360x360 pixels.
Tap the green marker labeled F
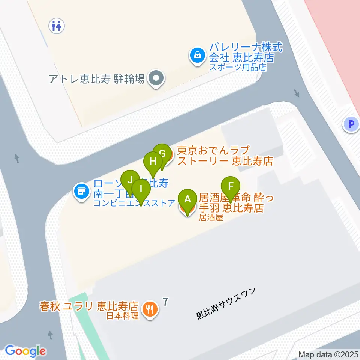231,186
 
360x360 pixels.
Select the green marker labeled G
162,154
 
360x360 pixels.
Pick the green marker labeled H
153,162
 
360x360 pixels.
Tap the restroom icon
57,26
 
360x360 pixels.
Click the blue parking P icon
351,124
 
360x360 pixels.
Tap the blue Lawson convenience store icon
81,192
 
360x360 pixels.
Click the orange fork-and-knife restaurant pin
151,309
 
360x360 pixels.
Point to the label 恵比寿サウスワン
226,304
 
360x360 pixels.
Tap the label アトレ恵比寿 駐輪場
96,79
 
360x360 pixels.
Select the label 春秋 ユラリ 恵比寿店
89,306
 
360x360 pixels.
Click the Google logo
25,351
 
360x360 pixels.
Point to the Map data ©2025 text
328,354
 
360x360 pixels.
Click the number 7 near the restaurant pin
165,301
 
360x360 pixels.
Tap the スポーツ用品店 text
237,67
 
